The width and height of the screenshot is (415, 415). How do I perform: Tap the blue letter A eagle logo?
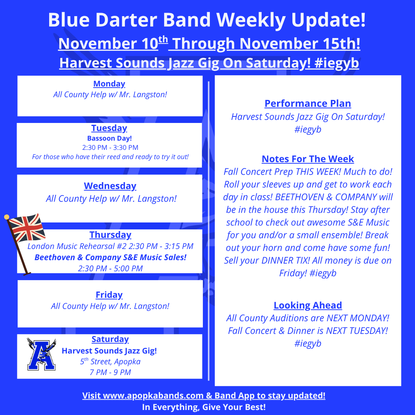pos(41,354)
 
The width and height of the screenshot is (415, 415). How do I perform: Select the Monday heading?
pos(109,84)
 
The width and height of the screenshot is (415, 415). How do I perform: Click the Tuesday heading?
pos(109,128)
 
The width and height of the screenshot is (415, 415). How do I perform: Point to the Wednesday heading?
pos(110,186)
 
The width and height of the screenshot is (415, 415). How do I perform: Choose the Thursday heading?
pos(110,235)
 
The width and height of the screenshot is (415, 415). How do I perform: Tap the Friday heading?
pos(109,295)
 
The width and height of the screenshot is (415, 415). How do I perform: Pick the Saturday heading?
pos(110,339)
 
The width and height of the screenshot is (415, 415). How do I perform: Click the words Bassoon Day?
pos(109,138)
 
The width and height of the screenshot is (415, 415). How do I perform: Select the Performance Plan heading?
pos(308,103)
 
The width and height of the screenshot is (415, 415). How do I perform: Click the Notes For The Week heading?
pos(308,159)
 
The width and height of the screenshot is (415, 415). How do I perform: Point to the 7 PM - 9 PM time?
pos(110,372)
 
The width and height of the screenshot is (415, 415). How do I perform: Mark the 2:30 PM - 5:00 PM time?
pos(110,269)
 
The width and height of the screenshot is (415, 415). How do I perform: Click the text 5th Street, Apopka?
pos(110,362)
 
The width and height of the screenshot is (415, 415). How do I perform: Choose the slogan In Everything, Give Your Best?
pos(204,407)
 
